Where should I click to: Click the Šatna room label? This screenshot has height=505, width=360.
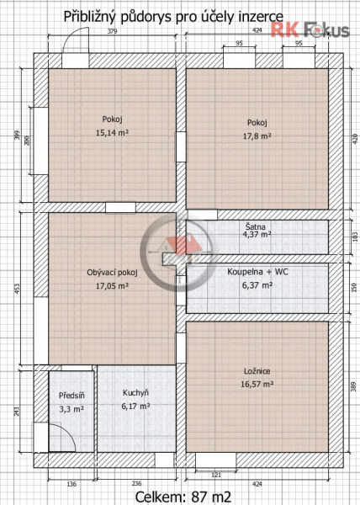click(256, 226)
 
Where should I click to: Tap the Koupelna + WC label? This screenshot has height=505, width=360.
click(257, 272)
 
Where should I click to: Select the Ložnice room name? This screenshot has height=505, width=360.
click(257, 371)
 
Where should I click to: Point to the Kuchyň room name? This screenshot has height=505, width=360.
click(135, 393)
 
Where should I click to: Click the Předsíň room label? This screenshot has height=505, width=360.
click(71, 396)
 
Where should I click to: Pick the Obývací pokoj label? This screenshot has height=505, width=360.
click(112, 273)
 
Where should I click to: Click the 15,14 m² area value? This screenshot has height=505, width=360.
click(112, 132)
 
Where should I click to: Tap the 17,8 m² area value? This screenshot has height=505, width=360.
click(257, 136)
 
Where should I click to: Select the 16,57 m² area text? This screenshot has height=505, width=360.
click(257, 384)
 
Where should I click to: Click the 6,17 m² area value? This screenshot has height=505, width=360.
click(135, 407)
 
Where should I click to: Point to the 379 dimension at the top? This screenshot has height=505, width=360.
click(112, 31)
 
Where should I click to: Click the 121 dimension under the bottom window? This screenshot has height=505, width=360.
click(216, 475)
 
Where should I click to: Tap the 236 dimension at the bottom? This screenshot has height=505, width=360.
click(137, 483)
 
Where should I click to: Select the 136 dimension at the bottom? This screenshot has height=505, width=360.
click(71, 483)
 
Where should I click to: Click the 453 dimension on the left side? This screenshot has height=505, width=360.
click(17, 288)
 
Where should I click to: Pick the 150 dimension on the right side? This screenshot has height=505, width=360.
click(354, 287)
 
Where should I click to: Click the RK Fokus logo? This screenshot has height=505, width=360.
click(310, 30)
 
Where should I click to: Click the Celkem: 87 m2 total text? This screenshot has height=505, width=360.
click(183, 497)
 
